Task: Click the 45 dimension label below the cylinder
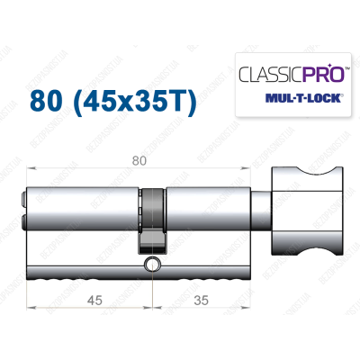click(83, 301)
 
